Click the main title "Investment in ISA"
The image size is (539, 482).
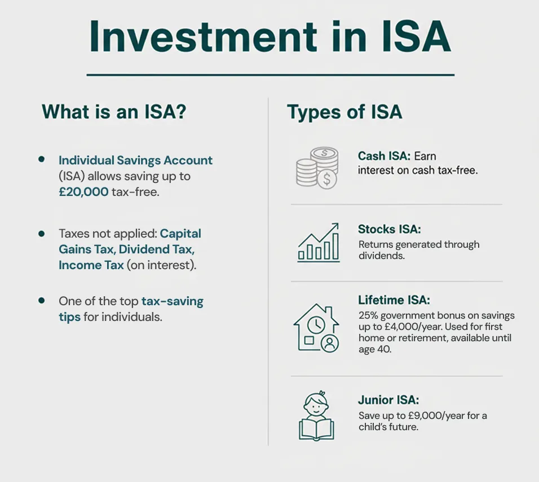270,38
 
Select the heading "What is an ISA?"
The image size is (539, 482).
114,111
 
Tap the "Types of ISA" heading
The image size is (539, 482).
344,111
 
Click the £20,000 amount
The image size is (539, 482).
83,191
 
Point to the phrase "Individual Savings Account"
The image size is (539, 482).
135,160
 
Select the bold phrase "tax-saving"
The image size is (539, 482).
172,301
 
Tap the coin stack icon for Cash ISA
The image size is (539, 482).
317,167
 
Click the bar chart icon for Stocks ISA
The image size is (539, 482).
319,243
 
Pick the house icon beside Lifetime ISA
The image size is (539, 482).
316,327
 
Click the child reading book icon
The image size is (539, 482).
316,416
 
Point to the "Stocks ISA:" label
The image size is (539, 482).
390,229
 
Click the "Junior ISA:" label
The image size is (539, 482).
388,400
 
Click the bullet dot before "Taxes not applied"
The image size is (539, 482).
41,233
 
